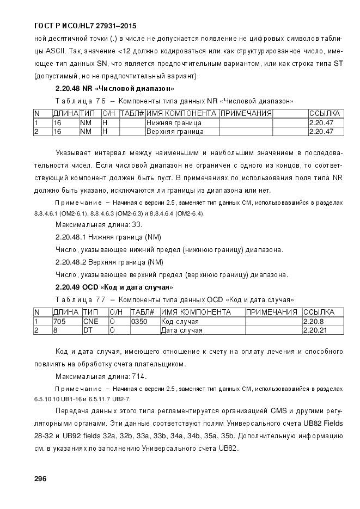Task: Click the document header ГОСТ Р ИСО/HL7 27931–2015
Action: (85, 26)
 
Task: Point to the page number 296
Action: (41, 479)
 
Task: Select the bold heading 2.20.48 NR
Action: (115, 88)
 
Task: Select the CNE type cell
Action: (91, 321)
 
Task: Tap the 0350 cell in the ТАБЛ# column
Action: (139, 321)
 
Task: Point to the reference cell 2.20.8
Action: (313, 321)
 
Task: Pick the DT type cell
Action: (88, 330)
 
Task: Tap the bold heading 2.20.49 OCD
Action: (114, 287)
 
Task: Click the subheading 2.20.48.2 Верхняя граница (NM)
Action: (109, 262)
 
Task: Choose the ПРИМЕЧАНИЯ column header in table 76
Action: (246, 113)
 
